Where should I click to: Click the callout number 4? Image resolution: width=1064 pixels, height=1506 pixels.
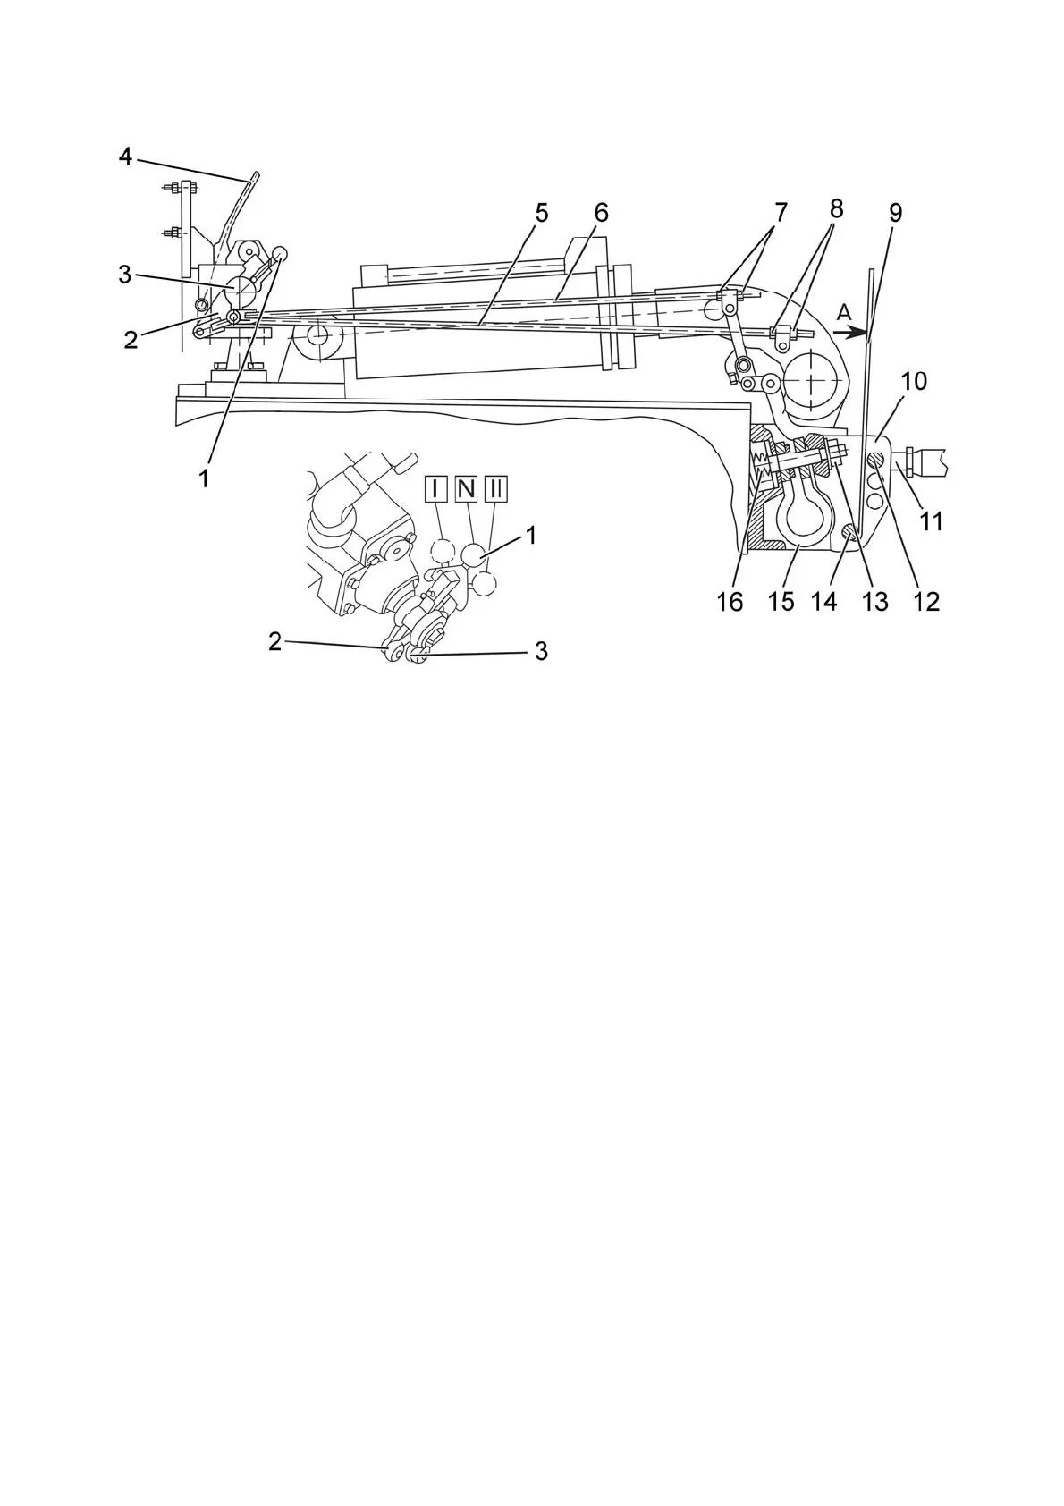pyautogui.click(x=125, y=157)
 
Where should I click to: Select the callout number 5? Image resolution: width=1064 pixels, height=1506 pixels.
pyautogui.click(x=541, y=213)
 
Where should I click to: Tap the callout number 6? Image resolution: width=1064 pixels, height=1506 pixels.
pyautogui.click(x=600, y=213)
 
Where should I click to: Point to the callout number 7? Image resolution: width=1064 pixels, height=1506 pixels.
pyautogui.click(x=781, y=213)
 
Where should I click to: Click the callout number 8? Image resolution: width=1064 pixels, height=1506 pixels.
pyautogui.click(x=836, y=209)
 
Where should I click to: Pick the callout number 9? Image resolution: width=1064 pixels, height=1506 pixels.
pyautogui.click(x=895, y=213)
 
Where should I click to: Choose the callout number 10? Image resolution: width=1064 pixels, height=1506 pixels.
pyautogui.click(x=914, y=381)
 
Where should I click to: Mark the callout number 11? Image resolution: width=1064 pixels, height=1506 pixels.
pyautogui.click(x=932, y=520)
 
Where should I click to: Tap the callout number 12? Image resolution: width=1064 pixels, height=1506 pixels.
pyautogui.click(x=926, y=601)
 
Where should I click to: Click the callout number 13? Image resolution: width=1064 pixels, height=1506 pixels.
pyautogui.click(x=874, y=601)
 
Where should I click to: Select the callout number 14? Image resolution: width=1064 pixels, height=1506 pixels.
pyautogui.click(x=823, y=601)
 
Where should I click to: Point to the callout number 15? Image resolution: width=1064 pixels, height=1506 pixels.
pyautogui.click(x=781, y=601)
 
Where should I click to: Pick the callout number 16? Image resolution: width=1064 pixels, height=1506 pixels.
pyautogui.click(x=730, y=601)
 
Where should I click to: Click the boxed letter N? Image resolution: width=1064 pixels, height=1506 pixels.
pyautogui.click(x=466, y=489)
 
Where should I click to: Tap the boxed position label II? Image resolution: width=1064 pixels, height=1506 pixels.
pyautogui.click(x=496, y=489)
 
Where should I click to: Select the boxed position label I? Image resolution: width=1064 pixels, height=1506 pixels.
pyautogui.click(x=435, y=489)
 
